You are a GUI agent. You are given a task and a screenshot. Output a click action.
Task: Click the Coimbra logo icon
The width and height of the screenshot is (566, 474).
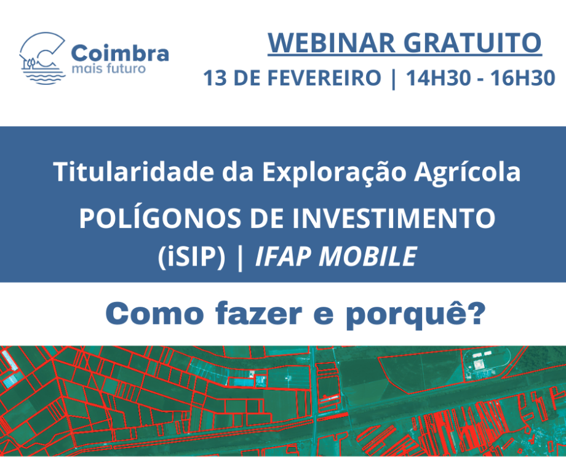click(42, 58)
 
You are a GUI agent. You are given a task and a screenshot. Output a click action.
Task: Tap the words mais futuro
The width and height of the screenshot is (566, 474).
click(109, 68)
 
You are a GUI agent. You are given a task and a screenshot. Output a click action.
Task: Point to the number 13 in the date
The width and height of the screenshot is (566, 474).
click(215, 79)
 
